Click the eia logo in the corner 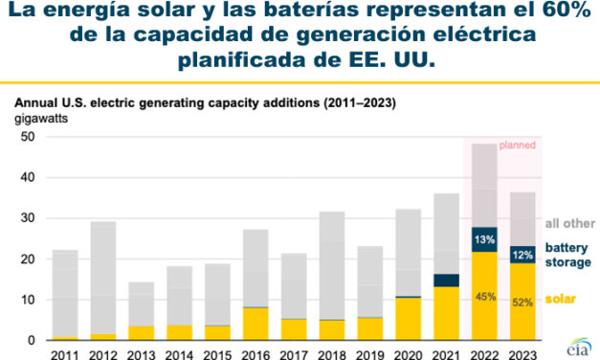point(578,344)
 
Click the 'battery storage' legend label point(570,254)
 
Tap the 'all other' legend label point(568,224)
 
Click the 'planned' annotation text point(517,145)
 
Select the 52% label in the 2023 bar point(522,304)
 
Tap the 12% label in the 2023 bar point(522,255)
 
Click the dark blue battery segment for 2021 point(447,280)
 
